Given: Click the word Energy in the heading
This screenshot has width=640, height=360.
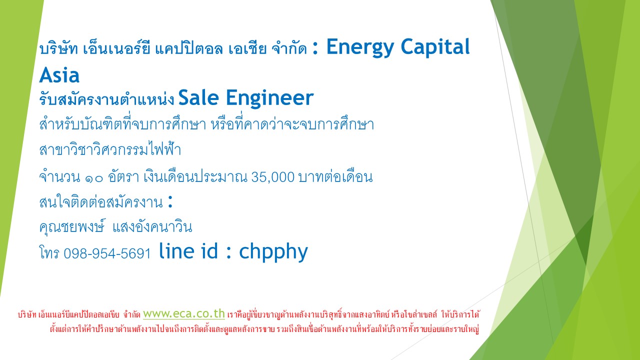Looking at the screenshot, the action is click(360, 47).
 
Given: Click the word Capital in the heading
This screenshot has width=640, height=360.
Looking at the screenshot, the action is click(435, 46).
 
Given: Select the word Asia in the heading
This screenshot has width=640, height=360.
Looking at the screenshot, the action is click(59, 75).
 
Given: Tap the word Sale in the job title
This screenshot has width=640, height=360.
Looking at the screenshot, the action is click(198, 97).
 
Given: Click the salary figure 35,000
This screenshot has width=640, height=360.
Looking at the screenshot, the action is click(273, 177).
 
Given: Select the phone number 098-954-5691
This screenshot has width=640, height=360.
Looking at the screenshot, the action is click(107, 253).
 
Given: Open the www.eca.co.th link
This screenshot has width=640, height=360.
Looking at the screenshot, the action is click(184, 313).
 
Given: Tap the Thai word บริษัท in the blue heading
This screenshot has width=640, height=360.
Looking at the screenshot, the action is click(58, 48).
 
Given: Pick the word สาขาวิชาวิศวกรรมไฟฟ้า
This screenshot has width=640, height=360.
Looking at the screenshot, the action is click(110, 149).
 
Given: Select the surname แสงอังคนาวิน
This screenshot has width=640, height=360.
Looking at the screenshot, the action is click(152, 227).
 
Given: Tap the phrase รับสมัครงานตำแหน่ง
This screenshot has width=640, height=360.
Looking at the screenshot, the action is click(106, 99).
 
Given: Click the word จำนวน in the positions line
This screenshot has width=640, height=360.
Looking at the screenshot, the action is click(59, 176).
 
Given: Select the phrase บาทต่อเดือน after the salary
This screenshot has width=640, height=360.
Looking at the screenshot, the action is click(335, 176).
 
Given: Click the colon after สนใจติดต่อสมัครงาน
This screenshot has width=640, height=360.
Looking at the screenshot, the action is click(170, 201).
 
